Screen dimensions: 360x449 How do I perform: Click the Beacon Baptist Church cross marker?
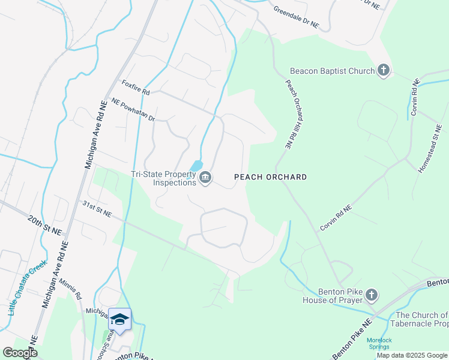pyautogui.click(x=384, y=71)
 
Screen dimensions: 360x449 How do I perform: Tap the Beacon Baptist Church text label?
pyautogui.click(x=332, y=71)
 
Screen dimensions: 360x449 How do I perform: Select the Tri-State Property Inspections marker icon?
pyautogui.click(x=205, y=178)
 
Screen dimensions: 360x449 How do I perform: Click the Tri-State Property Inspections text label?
pyautogui.click(x=164, y=178)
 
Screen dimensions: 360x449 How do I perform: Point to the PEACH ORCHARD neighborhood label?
pyautogui.click(x=270, y=177)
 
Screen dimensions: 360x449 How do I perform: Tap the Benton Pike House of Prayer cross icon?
pyautogui.click(x=372, y=295)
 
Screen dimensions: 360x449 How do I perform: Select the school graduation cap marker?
pyautogui.click(x=119, y=319)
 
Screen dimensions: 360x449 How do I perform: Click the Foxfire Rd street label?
pyautogui.click(x=135, y=88)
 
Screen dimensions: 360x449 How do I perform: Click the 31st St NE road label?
pyautogui.click(x=97, y=209)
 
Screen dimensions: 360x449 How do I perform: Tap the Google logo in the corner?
pyautogui.click(x=20, y=353)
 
